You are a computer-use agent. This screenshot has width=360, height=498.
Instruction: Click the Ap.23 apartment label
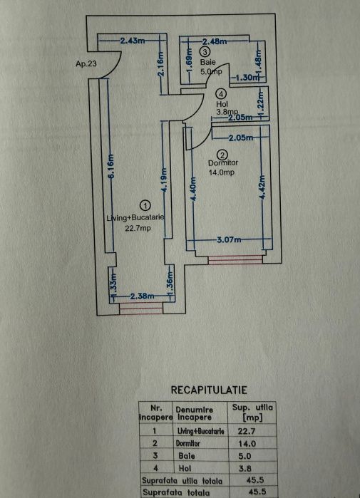tap(86, 63)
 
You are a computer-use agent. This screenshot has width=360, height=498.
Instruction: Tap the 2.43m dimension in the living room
tap(132, 41)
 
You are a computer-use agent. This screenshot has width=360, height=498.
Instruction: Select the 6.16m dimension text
tap(111, 167)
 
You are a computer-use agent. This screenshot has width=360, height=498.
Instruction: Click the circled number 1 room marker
tap(145, 206)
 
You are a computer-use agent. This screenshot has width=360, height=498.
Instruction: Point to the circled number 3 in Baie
tap(205, 51)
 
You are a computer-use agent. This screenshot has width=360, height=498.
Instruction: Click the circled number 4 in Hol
tap(221, 94)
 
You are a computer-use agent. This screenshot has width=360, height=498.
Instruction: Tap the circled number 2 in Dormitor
tap(222, 155)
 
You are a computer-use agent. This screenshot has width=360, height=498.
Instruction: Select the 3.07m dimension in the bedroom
tap(229, 239)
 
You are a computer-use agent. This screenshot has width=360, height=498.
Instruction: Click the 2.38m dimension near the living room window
tap(142, 296)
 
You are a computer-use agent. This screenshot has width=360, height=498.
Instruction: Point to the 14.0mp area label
tap(221, 172)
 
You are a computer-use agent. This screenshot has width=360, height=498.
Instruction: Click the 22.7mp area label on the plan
tap(138, 228)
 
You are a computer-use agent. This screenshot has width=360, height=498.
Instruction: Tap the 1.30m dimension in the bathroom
tap(247, 77)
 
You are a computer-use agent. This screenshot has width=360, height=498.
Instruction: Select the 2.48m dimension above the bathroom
tap(215, 41)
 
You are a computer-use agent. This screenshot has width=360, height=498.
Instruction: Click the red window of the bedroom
tap(235, 259)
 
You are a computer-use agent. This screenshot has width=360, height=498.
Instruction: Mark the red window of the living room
tap(140, 308)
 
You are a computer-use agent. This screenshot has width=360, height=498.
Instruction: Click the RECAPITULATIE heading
tap(209, 390)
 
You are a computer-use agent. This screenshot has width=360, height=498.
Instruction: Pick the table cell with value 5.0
tap(245, 456)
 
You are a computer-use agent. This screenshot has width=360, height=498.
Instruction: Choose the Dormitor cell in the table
tap(187, 443)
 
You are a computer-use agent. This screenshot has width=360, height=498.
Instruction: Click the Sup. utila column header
tap(252, 413)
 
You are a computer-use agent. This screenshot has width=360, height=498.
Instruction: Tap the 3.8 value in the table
tap(245, 468)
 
